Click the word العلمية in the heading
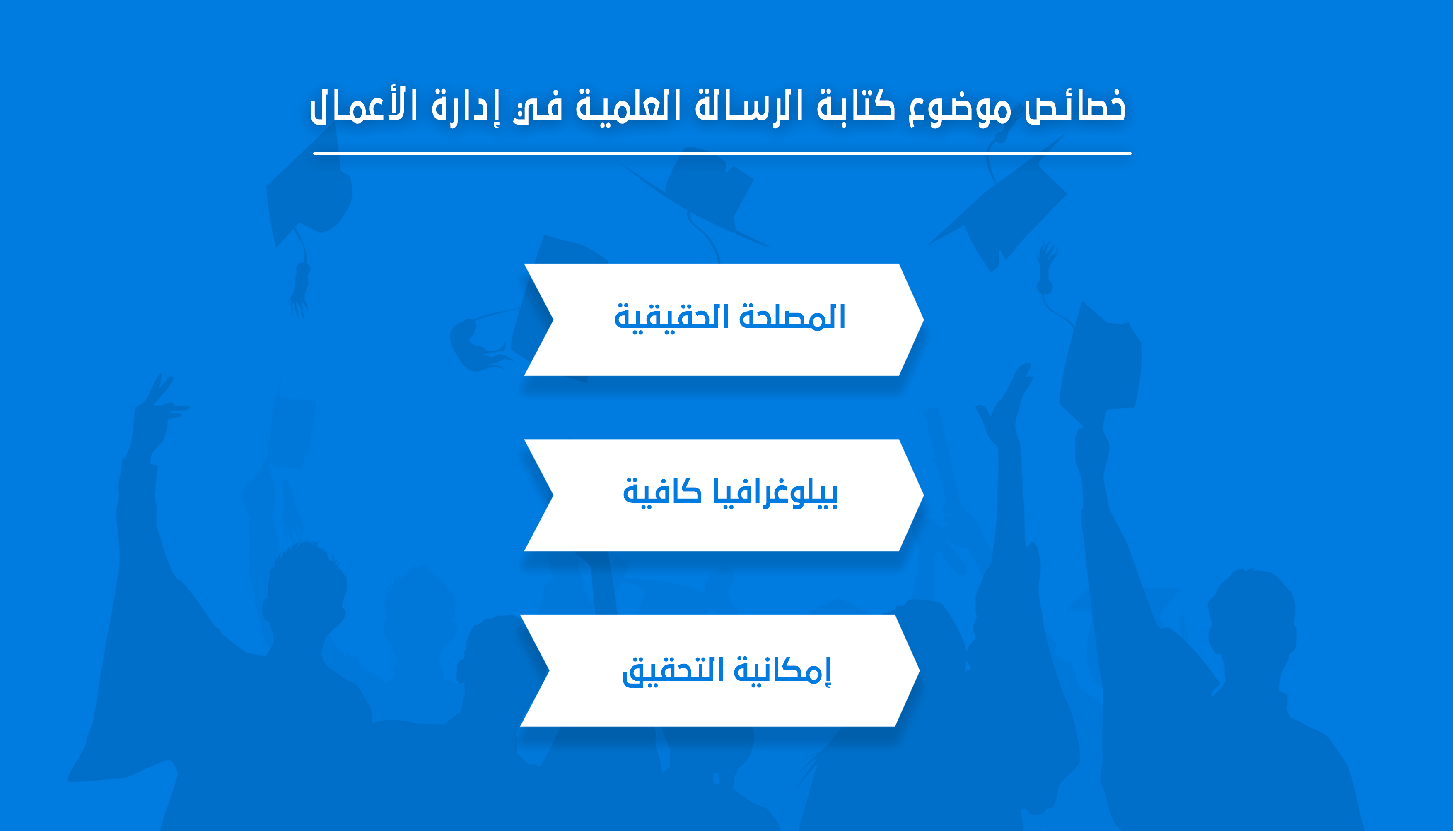(x=628, y=105)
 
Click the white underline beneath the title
(x=722, y=154)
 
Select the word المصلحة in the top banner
(x=792, y=316)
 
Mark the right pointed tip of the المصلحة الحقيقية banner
(x=924, y=319)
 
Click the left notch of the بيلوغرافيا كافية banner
(x=553, y=495)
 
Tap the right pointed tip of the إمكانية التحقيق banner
(x=920, y=670)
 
